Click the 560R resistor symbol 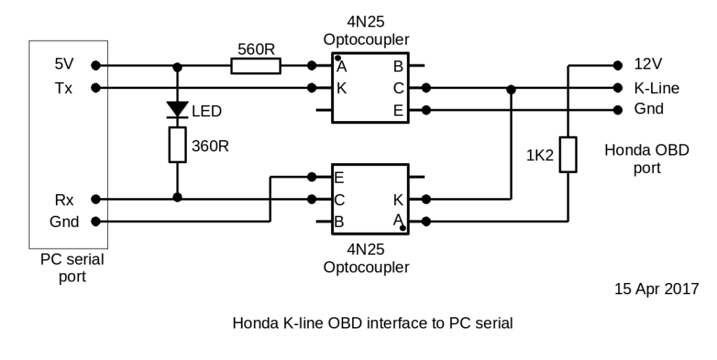(256, 67)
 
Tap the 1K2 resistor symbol (569, 155)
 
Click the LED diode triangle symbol (177, 109)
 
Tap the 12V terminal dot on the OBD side (617, 65)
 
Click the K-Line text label (656, 88)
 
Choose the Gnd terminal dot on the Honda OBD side (617, 110)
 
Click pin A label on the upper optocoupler (341, 67)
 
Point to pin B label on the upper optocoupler (397, 67)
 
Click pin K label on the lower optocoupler (397, 200)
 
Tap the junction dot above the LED (177, 66)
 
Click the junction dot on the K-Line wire (512, 88)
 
